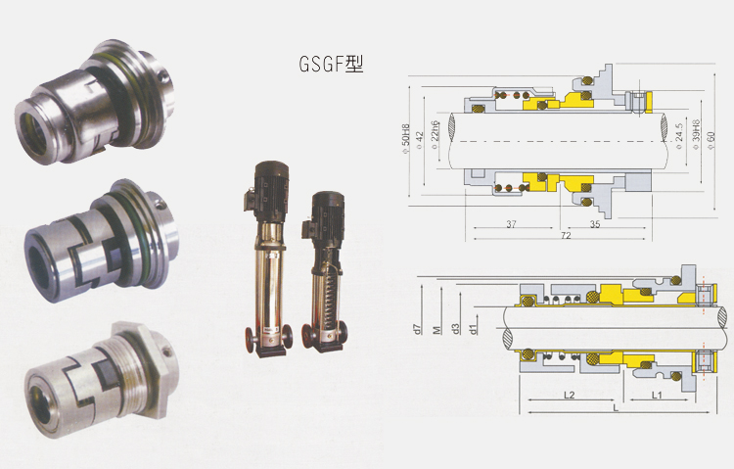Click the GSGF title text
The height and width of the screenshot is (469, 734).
[x=330, y=66]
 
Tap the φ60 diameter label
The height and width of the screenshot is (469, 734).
[x=711, y=128]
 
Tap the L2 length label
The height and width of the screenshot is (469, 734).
[x=571, y=394]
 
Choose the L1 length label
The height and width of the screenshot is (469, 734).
[x=658, y=394]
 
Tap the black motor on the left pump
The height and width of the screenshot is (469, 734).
[x=265, y=175]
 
